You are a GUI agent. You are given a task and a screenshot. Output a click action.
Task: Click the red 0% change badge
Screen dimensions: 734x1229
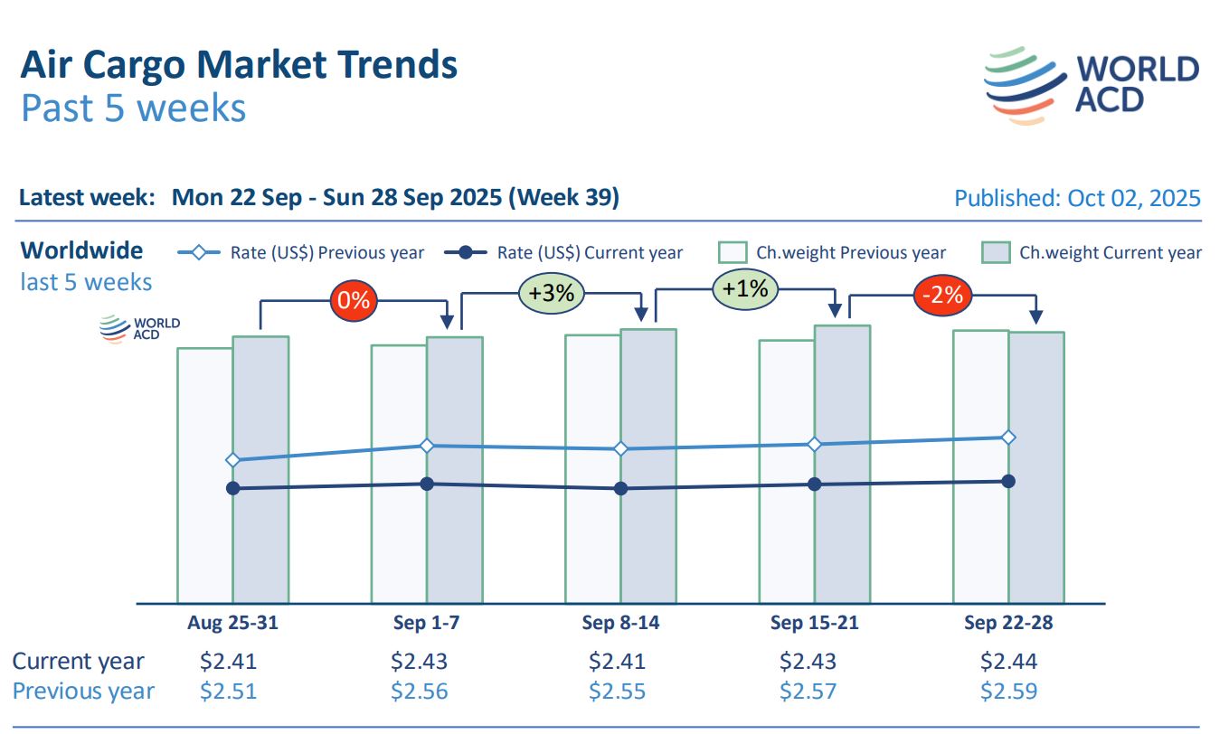pos(353,300)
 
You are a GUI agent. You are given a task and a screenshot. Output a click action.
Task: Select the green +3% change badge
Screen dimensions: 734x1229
pos(552,294)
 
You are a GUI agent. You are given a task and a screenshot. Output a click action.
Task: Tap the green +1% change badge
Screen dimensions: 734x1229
pos(746,289)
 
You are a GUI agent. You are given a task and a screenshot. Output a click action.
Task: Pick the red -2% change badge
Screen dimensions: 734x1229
pos(943,295)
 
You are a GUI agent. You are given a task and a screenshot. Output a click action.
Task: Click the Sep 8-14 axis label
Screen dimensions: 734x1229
pos(620,623)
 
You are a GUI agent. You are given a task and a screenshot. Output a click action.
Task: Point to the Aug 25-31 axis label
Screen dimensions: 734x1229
pos(232,623)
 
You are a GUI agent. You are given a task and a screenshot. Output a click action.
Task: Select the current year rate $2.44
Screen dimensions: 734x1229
pos(1008,661)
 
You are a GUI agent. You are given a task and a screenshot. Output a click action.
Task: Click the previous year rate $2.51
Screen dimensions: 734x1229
pos(228,692)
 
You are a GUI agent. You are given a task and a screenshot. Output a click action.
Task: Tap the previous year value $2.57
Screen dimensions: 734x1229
pos(808,692)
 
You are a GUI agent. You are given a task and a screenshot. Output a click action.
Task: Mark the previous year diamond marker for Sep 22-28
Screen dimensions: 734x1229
pos(1009,438)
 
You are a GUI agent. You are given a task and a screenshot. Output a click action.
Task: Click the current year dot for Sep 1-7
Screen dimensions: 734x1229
pos(427,484)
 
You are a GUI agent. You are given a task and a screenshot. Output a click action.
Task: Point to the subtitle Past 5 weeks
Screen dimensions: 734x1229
pos(133,108)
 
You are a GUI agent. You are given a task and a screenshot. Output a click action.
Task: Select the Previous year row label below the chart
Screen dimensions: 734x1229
pos(83,692)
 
